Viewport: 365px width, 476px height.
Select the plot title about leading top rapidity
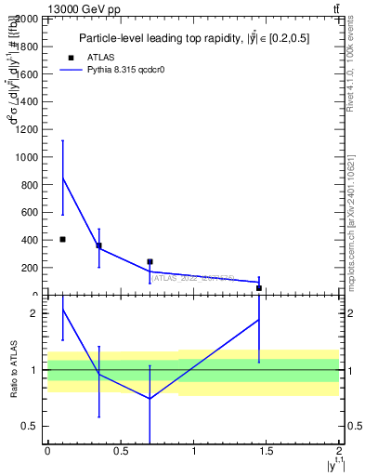coord(195,38)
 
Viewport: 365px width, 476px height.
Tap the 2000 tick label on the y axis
coord(26,19)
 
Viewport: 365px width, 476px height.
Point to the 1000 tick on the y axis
coord(26,157)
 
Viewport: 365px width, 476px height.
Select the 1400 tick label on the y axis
coord(26,101)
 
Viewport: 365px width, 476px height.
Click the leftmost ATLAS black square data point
coord(62,239)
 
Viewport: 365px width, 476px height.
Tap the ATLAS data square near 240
coord(150,261)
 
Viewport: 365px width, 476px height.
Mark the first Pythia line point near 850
coord(62,178)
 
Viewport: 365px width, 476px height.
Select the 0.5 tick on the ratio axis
coord(31,426)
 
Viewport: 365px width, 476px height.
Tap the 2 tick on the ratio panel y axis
coord(34,313)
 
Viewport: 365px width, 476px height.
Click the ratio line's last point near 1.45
coord(259,319)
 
